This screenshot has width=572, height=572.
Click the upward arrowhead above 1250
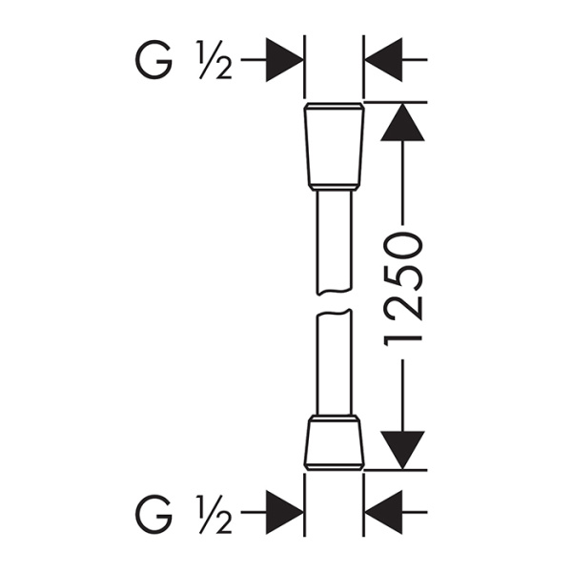(402, 121)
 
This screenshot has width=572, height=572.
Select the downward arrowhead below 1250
(402, 449)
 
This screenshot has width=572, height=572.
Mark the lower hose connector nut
(334, 445)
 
